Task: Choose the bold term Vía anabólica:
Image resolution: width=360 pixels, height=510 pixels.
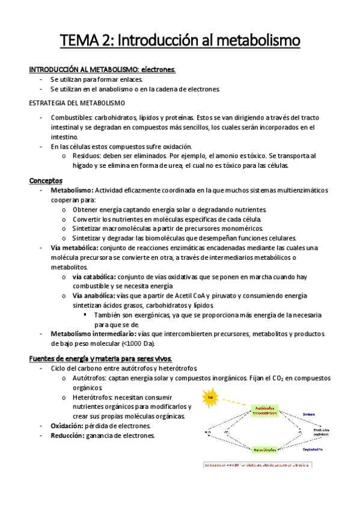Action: pyautogui.click(x=94, y=296)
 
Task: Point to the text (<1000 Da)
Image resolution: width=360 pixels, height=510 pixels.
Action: pyautogui.click(x=139, y=343)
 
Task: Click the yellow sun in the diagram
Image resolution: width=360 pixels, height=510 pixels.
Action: pyautogui.click(x=210, y=398)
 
